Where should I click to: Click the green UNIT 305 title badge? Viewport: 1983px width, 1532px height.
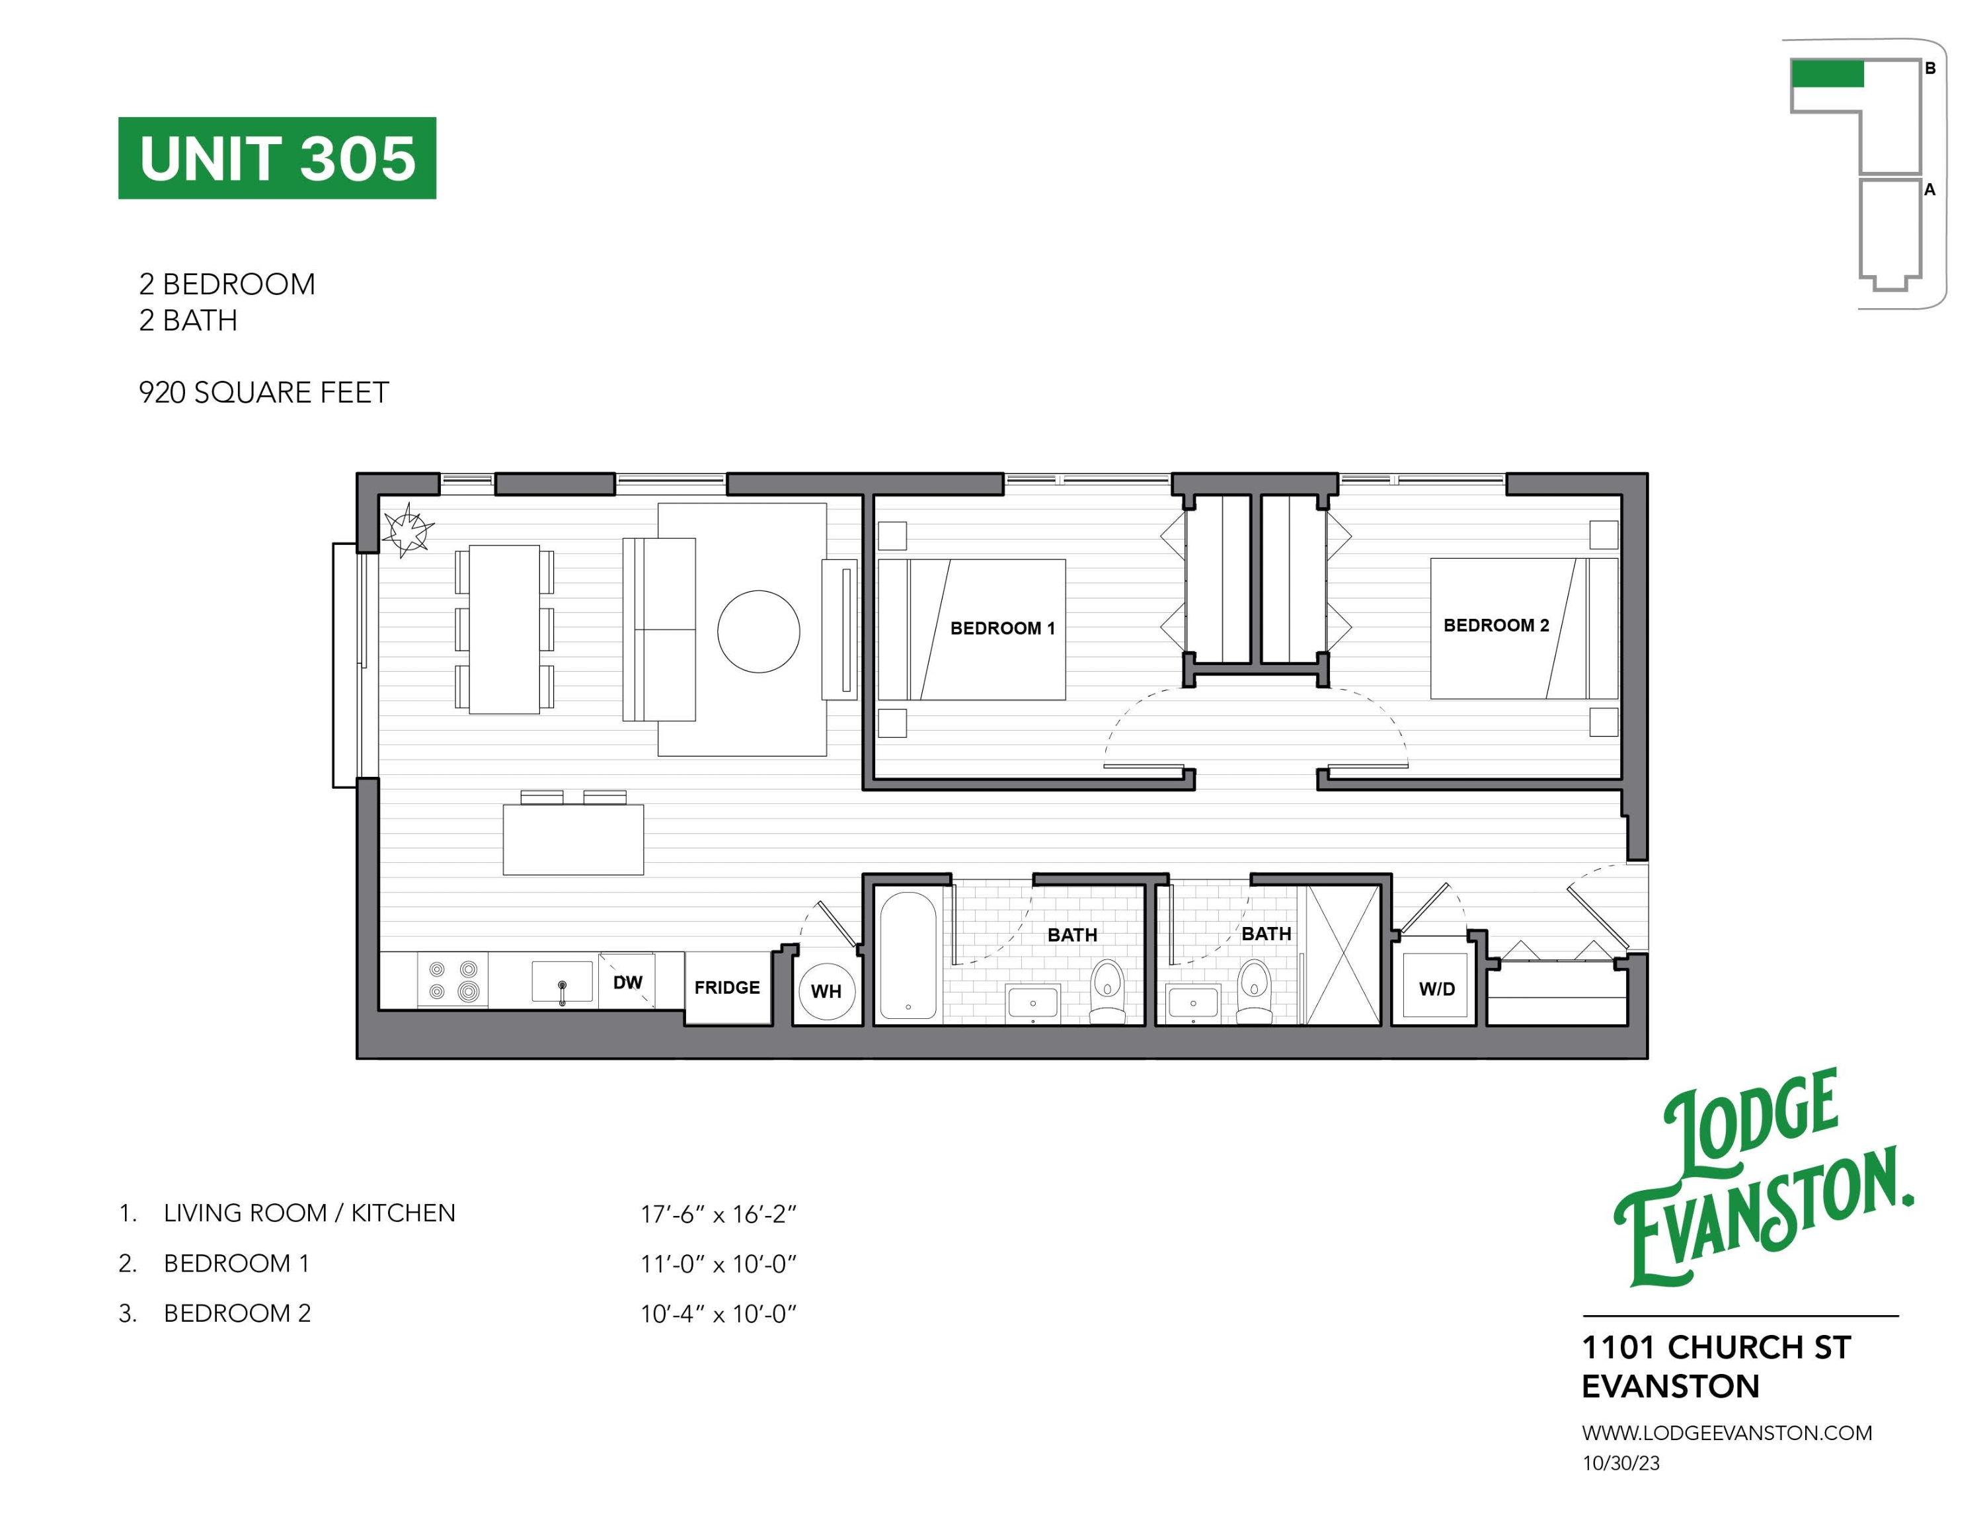tap(277, 158)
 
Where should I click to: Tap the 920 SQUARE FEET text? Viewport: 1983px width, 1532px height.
tap(263, 392)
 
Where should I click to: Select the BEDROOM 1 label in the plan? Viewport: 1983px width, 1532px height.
tap(1002, 628)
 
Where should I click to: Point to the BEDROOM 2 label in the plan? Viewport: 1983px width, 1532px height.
tap(1495, 625)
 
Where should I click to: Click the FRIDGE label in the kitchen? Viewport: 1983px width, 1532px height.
tap(726, 987)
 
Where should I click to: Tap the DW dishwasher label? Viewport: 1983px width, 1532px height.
tap(627, 983)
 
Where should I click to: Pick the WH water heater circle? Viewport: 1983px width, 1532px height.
tap(826, 990)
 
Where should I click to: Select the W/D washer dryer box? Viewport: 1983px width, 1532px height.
tap(1436, 989)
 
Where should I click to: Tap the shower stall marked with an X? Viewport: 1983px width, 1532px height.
tap(1342, 955)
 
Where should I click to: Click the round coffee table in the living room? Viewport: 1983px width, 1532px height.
tap(758, 632)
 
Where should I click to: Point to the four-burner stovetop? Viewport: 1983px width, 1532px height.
tap(452, 981)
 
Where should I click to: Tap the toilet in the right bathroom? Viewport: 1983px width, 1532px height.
tap(1255, 988)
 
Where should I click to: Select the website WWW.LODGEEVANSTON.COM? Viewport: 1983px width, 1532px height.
tap(1726, 1433)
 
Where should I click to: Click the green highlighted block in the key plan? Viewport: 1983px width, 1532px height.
tap(1827, 73)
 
